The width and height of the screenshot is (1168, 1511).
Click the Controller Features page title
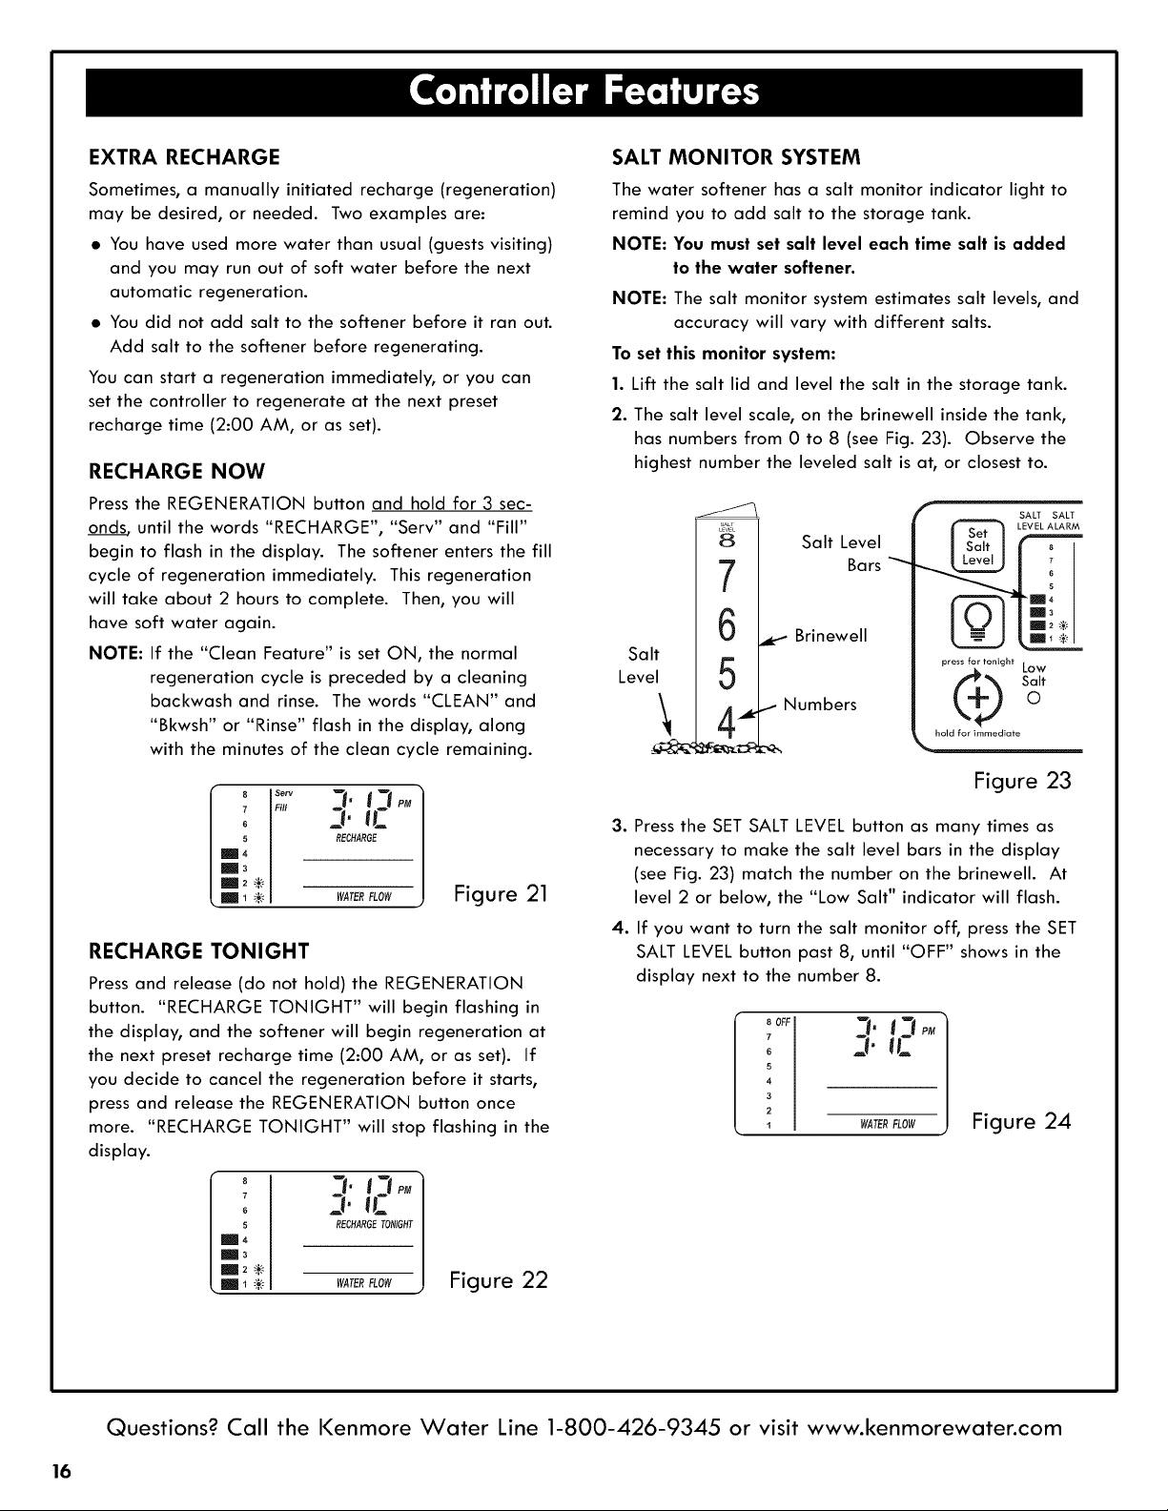click(x=584, y=92)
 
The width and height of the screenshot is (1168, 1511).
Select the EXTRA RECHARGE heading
click(x=184, y=157)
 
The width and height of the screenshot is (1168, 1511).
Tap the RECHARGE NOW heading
click(x=176, y=472)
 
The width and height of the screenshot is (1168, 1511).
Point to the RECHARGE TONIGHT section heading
click(x=199, y=951)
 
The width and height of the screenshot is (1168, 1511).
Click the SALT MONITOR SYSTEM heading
click(x=736, y=157)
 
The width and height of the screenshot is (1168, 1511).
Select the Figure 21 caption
click(x=501, y=893)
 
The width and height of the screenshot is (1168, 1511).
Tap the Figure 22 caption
click(x=499, y=1280)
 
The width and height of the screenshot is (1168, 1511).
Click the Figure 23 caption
click(x=1022, y=781)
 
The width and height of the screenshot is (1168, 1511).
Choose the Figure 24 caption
click(x=1021, y=1122)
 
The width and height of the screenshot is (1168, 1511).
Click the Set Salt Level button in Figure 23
click(x=977, y=546)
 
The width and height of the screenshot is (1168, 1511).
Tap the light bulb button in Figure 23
click(x=977, y=621)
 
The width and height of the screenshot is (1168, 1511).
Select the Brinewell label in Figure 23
click(x=830, y=636)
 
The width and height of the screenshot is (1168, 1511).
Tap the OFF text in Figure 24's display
click(x=783, y=1022)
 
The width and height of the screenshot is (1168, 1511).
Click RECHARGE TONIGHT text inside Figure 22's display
click(x=374, y=1224)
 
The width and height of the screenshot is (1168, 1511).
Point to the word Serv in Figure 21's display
click(x=284, y=793)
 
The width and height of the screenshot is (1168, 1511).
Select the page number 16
click(x=61, y=1471)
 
